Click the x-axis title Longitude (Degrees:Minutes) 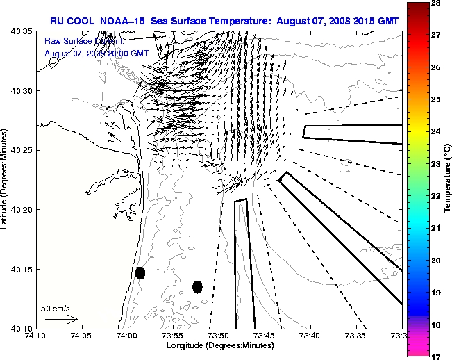coord(219,345)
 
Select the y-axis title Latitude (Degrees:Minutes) coord(6,179)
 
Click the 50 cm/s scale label coord(56,308)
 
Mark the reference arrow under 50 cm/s coord(61,319)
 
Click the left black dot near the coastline coord(140,272)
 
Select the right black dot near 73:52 coord(197,286)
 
